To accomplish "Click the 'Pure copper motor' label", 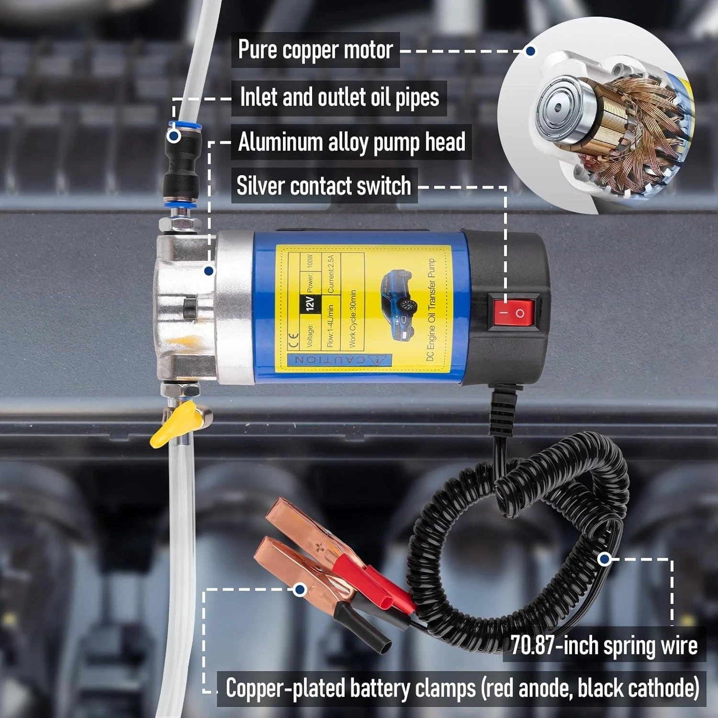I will tap(315, 50).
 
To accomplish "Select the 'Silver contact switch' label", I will tap(324, 186).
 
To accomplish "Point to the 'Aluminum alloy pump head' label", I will tap(352, 142).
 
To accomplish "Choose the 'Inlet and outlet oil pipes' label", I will tap(339, 97).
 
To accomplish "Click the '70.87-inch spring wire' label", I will tap(604, 645).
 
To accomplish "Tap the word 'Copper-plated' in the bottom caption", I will tap(286, 688).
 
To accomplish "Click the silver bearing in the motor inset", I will tap(558, 108).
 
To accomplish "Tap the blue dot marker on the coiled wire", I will tap(605, 559).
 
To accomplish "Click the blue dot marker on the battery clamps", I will tap(300, 589).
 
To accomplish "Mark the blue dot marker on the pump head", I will tap(209, 271).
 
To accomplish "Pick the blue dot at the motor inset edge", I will tap(530, 51).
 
